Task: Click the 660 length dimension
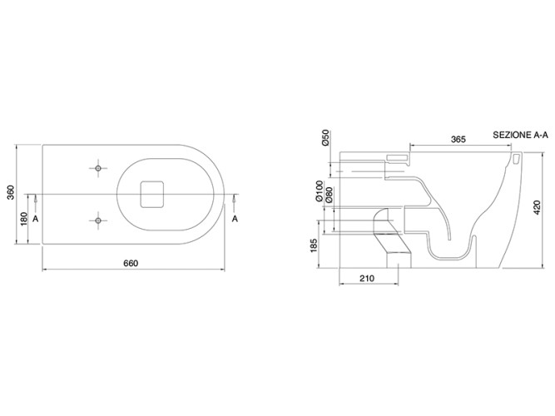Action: click(131, 264)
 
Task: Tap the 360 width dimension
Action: click(11, 192)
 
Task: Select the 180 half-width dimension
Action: click(24, 219)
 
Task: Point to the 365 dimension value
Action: click(458, 139)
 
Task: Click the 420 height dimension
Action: click(537, 207)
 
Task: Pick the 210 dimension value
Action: click(367, 279)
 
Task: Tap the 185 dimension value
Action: click(314, 245)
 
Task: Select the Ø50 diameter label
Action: click(325, 137)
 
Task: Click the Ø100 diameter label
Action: click(320, 191)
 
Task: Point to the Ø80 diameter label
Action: click(330, 195)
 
